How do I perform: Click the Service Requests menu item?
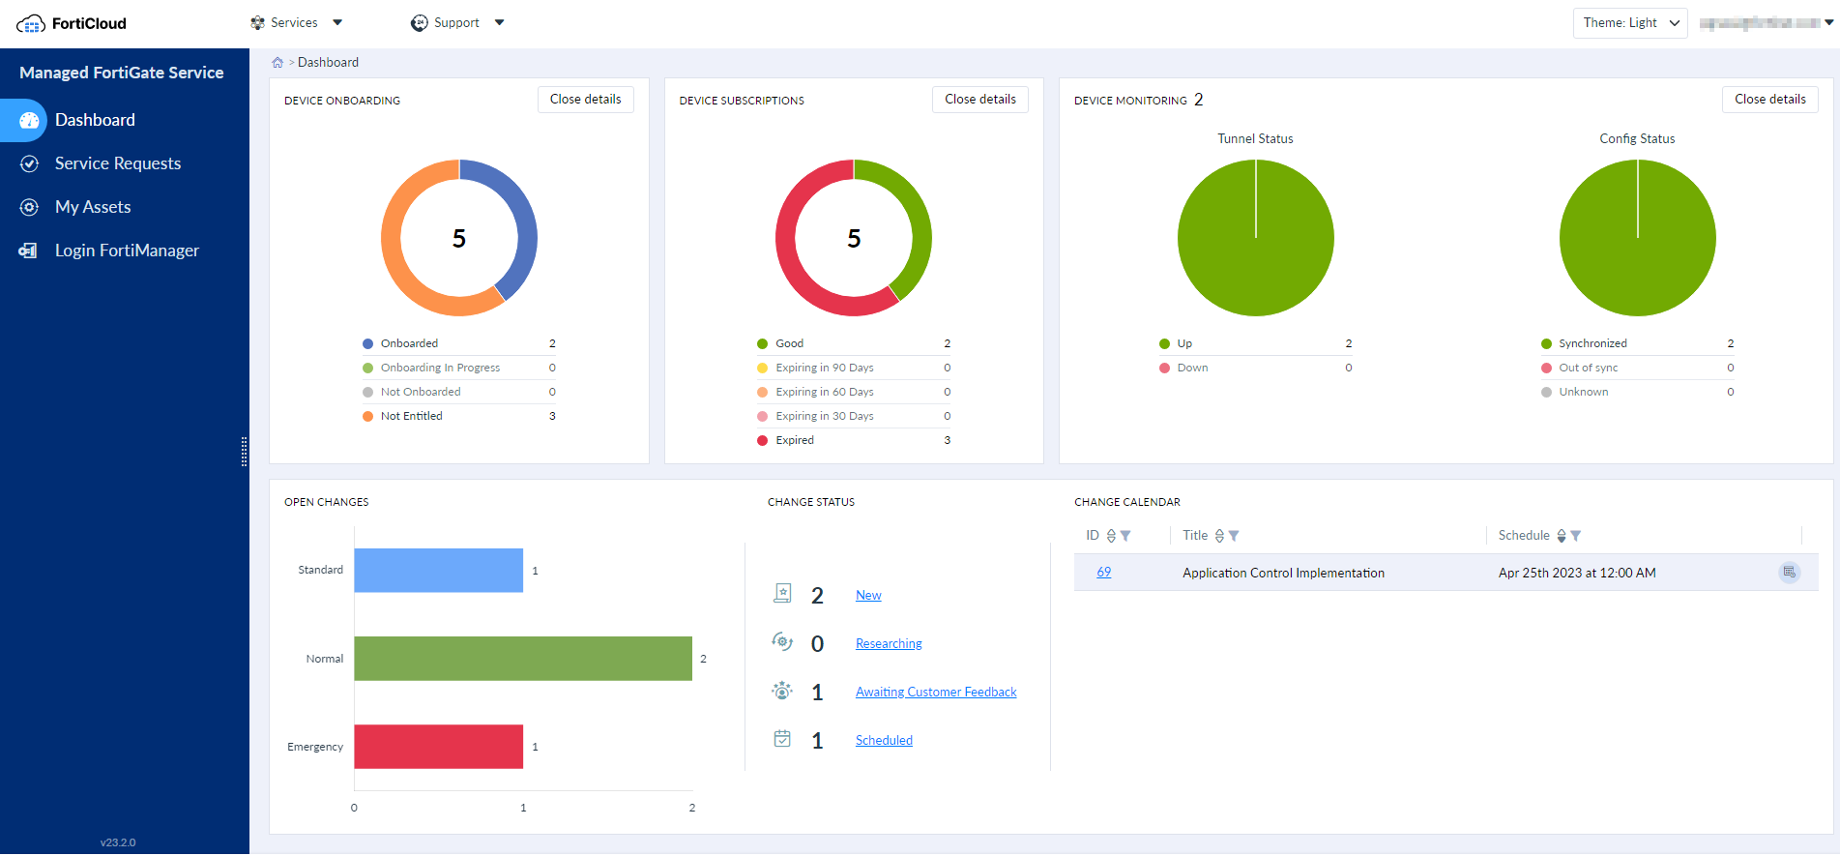(117, 163)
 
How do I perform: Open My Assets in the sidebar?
(93, 207)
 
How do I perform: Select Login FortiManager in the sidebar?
(127, 251)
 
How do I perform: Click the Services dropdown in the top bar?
(296, 22)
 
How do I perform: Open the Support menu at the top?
(457, 22)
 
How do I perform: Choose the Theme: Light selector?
(1629, 22)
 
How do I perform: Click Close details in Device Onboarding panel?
(585, 100)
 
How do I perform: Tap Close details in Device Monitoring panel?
(1769, 100)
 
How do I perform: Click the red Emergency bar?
(438, 747)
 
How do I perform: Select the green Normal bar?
(522, 659)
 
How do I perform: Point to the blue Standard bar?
(438, 571)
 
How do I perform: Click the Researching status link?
(888, 644)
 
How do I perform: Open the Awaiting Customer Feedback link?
(935, 693)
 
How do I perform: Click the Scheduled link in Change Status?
(883, 741)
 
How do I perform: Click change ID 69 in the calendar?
(1103, 573)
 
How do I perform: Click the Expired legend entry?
(794, 440)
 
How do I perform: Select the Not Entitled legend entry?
(411, 416)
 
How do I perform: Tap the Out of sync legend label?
(1588, 368)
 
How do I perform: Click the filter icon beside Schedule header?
(1576, 536)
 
